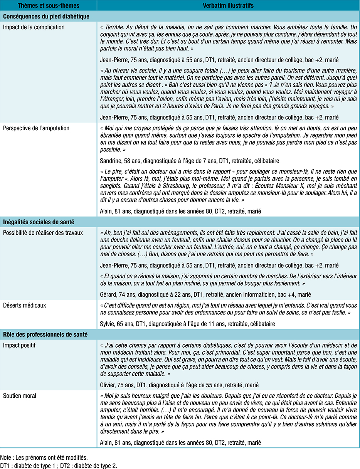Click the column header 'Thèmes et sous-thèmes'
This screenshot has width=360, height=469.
[49, 6]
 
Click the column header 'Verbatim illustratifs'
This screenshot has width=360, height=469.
[228, 6]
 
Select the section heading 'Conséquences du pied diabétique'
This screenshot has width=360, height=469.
[46, 17]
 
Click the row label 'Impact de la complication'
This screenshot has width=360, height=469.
[34, 27]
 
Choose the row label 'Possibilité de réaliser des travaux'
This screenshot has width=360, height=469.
[43, 233]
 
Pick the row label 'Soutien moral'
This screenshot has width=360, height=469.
[20, 395]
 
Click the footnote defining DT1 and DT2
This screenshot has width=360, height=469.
[59, 465]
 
